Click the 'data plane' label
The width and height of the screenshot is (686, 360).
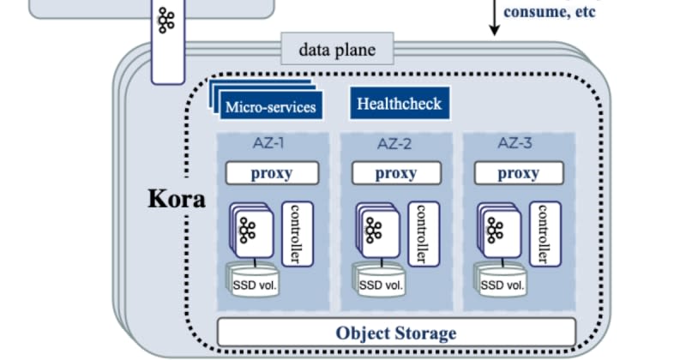pyautogui.click(x=336, y=50)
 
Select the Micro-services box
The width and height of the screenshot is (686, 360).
pyautogui.click(x=270, y=107)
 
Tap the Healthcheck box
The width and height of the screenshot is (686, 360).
pyautogui.click(x=399, y=105)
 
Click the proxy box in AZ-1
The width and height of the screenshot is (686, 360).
pyautogui.click(x=272, y=173)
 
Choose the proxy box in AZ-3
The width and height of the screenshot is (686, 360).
pyautogui.click(x=519, y=173)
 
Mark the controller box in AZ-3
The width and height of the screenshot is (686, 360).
pyautogui.click(x=543, y=233)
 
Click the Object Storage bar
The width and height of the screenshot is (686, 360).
pyautogui.click(x=396, y=333)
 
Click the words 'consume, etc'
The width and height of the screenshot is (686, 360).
pyautogui.click(x=548, y=12)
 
